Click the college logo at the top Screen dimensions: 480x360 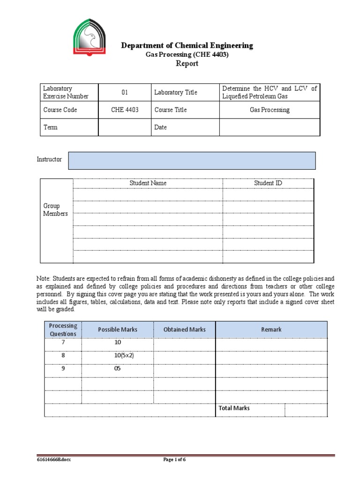[90, 40]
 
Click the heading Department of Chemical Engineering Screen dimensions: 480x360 [187, 45]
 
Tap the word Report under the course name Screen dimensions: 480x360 [187, 64]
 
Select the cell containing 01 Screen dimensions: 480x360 [125, 92]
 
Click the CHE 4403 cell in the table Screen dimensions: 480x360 [125, 110]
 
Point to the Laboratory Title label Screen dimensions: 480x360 [175, 92]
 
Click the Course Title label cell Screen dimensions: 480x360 [171, 110]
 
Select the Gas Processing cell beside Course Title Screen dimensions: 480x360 [270, 110]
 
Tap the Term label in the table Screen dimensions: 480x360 [50, 127]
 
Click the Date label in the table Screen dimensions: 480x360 [160, 127]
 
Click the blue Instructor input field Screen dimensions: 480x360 [192, 160]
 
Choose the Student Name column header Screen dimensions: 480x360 [148, 183]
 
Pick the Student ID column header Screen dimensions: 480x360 [268, 183]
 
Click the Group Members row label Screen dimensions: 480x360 [55, 210]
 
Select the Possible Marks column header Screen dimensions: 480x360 [118, 330]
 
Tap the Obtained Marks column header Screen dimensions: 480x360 [184, 330]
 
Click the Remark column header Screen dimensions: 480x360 [271, 330]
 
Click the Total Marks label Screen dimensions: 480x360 [234, 408]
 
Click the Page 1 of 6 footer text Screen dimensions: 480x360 [174, 460]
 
